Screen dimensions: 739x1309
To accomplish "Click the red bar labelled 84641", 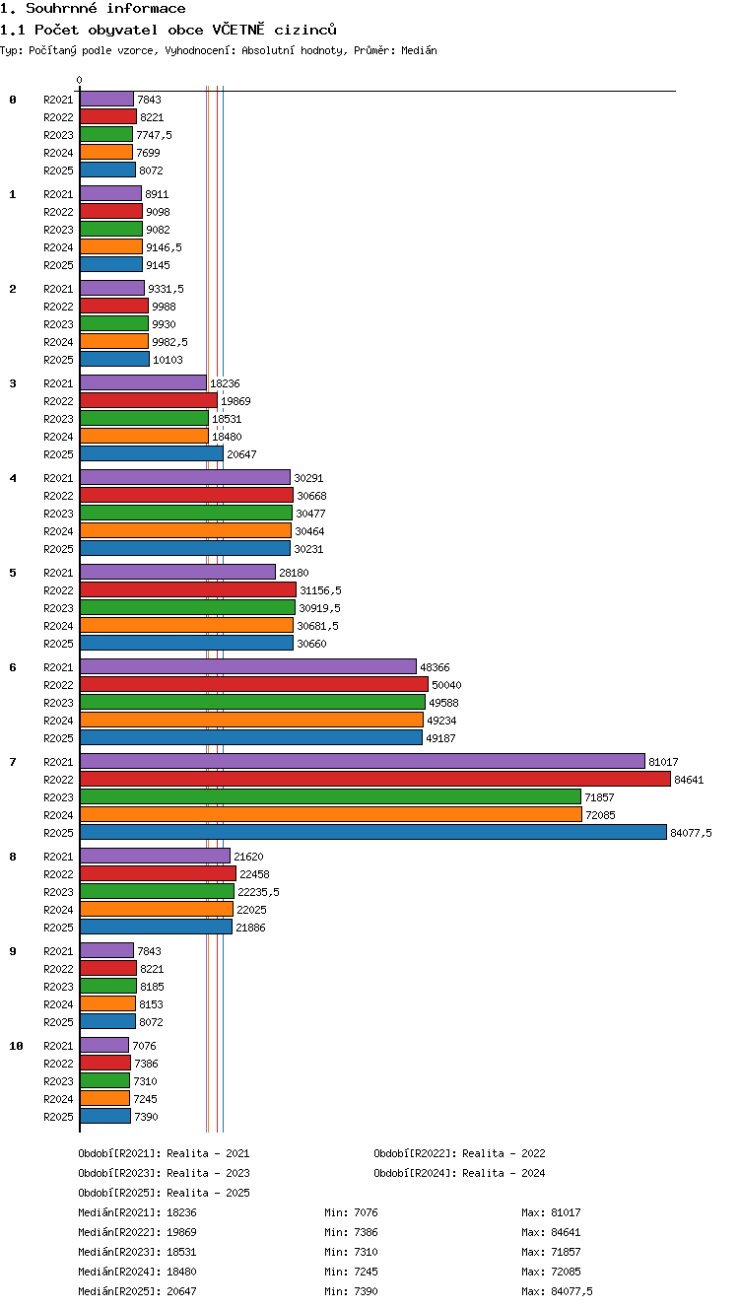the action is pos(375,779).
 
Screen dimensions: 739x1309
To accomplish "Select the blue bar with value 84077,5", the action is pos(373,832).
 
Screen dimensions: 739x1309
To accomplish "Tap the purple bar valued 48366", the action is pos(248,666).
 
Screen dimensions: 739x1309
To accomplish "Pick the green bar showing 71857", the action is pos(331,797).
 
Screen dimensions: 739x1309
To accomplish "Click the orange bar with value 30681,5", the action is pos(186,625).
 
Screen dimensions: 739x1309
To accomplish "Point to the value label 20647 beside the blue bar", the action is pos(241,454).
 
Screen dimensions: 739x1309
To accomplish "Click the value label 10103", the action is pos(168,360).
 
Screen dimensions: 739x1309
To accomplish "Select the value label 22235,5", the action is pos(258,892).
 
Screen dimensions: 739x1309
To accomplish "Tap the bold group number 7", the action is pos(12,762).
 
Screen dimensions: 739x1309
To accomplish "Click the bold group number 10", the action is pos(16,1046).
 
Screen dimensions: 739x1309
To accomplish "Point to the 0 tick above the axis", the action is pos(80,80).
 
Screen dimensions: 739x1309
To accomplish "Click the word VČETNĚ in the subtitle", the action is pos(238,30).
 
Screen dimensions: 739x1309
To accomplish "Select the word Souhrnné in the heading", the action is pos(61,8).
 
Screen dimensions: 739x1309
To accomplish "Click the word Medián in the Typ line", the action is pos(419,50).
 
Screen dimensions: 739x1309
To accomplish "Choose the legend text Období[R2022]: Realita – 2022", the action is pos(459,1153).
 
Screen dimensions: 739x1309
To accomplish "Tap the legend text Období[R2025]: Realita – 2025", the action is pos(164,1193).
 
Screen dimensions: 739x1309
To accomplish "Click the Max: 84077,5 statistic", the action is pos(557,1291).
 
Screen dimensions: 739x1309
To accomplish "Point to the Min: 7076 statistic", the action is pos(351,1212).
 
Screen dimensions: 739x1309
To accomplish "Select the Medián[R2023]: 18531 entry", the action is pos(137,1252).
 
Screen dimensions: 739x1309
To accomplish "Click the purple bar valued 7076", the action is pos(104,1045).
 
